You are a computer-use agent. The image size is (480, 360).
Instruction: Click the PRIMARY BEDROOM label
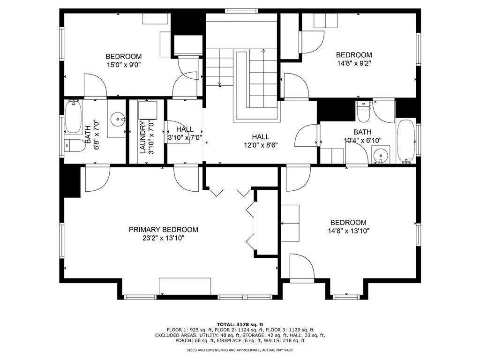(x=163, y=230)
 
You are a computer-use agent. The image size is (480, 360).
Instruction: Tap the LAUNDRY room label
(x=143, y=137)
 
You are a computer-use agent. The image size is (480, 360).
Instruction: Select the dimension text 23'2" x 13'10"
(x=163, y=238)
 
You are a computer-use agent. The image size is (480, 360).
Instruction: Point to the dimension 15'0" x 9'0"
(x=123, y=65)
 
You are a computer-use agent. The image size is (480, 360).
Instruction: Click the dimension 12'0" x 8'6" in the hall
(x=261, y=145)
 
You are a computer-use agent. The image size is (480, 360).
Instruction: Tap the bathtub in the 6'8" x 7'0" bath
(x=73, y=117)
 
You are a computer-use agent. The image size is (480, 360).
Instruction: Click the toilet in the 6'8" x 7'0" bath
(x=75, y=145)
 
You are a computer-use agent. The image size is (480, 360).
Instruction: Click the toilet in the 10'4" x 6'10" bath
(x=363, y=112)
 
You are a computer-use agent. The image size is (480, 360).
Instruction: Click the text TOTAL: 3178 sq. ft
(x=240, y=324)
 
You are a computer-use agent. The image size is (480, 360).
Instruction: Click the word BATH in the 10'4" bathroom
(x=362, y=132)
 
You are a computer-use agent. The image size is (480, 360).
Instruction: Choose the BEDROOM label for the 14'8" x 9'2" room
(x=354, y=55)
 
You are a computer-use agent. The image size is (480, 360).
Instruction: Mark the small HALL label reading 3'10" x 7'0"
(x=185, y=129)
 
